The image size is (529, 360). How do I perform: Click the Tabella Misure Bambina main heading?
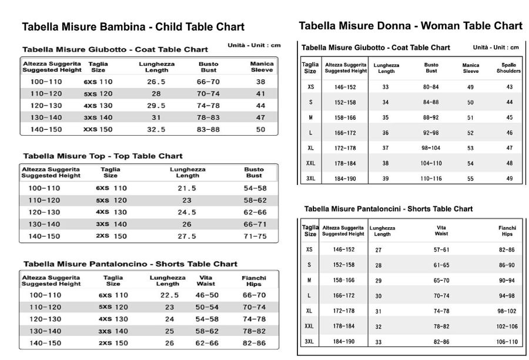pyautogui.click(x=133, y=27)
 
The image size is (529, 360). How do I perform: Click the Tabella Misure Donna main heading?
pyautogui.click(x=411, y=26)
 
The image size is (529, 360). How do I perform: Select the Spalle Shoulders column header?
pyautogui.click(x=508, y=68)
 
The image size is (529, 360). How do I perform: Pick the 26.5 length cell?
pyautogui.click(x=156, y=82)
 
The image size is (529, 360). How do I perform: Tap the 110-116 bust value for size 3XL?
pyautogui.click(x=431, y=179)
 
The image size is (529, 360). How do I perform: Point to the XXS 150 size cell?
pyautogui.click(x=98, y=129)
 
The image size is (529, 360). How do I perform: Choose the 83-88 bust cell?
pyautogui.click(x=208, y=129)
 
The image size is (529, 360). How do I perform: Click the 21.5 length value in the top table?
pyautogui.click(x=187, y=189)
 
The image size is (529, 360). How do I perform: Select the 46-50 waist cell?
pyautogui.click(x=207, y=295)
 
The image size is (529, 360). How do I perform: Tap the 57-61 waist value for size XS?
pyautogui.click(x=441, y=250)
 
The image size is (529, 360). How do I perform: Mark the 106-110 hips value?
pyautogui.click(x=507, y=342)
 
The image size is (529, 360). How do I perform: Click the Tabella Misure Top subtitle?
pyautogui.click(x=102, y=156)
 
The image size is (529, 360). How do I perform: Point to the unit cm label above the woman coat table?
pyautogui.click(x=495, y=47)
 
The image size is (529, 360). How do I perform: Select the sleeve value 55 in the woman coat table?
pyautogui.click(x=470, y=179)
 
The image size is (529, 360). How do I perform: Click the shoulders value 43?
pyautogui.click(x=510, y=87)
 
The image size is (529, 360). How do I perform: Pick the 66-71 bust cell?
pyautogui.click(x=255, y=224)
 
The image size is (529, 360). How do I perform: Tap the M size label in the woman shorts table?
pyautogui.click(x=309, y=280)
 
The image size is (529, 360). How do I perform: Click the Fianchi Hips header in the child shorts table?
pyautogui.click(x=254, y=281)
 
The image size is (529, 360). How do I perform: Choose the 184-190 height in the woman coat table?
pyautogui.click(x=345, y=179)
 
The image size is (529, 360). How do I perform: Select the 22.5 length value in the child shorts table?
pyautogui.click(x=169, y=295)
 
